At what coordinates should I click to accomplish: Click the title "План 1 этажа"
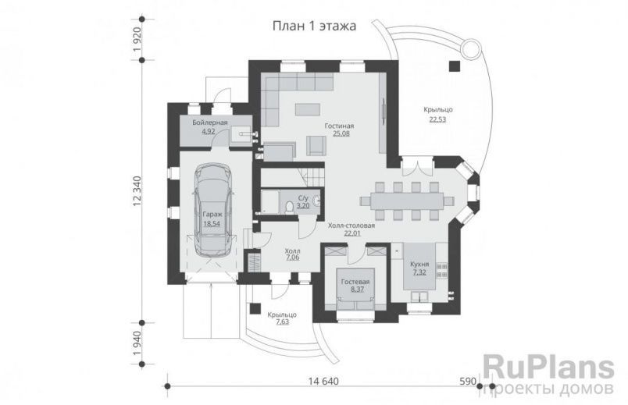(313, 26)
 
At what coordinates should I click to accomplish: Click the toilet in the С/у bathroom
(290, 205)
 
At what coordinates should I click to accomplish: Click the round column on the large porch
(471, 49)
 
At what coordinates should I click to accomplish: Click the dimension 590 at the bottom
(467, 382)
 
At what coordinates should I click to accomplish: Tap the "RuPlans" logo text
(540, 366)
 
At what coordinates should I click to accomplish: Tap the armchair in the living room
(316, 145)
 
